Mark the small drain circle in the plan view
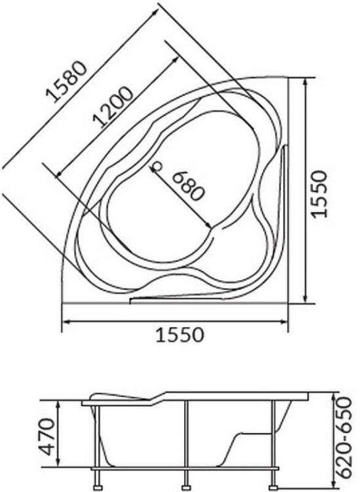tap(157, 166)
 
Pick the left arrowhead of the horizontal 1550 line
tap(65, 321)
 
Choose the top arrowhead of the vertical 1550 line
tap(306, 83)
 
